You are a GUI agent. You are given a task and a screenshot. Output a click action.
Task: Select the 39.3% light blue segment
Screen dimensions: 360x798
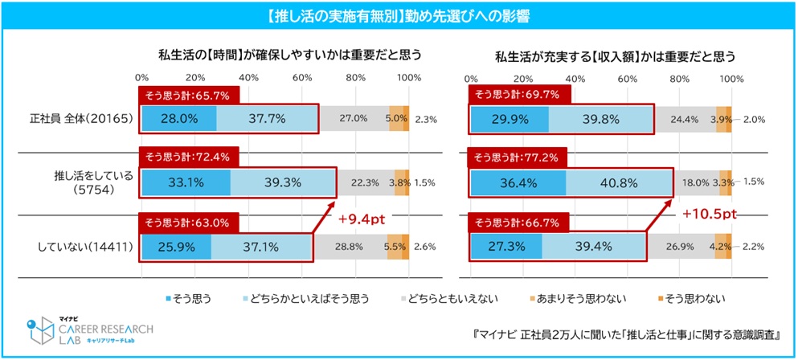[x=282, y=182]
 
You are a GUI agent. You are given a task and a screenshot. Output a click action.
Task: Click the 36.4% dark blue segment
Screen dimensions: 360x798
[x=518, y=182]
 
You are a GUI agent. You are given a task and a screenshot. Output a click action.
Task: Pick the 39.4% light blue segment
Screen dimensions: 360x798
[x=594, y=247]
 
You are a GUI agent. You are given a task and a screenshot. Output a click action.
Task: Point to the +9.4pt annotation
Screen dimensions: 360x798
[x=363, y=218]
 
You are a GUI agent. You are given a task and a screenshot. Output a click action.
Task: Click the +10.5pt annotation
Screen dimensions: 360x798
[x=707, y=215]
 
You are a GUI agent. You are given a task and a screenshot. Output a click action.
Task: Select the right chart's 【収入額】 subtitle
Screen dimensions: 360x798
[x=616, y=56]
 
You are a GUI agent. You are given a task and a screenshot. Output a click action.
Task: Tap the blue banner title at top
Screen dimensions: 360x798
[x=398, y=15]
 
